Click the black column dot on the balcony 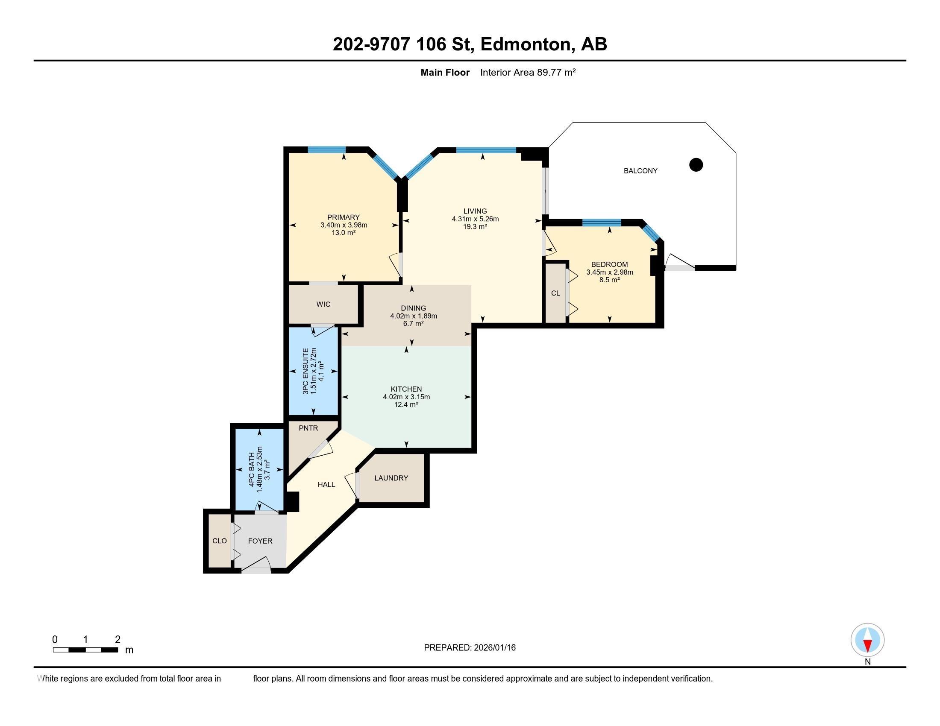(x=696, y=164)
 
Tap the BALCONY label (x=640, y=171)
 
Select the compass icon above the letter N (x=867, y=640)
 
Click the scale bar (x=85, y=650)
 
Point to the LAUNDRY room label (x=391, y=478)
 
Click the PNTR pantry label (x=308, y=428)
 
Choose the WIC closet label (x=323, y=304)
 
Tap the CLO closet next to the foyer (x=220, y=541)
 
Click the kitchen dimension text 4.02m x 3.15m (x=406, y=397)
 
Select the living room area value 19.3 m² (x=475, y=227)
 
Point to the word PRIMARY (x=343, y=217)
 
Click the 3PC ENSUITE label (x=305, y=371)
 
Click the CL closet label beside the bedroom (x=555, y=293)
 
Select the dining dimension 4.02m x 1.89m (x=413, y=316)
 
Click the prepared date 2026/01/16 (x=494, y=647)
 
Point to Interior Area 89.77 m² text (x=528, y=72)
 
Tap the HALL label (x=326, y=484)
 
